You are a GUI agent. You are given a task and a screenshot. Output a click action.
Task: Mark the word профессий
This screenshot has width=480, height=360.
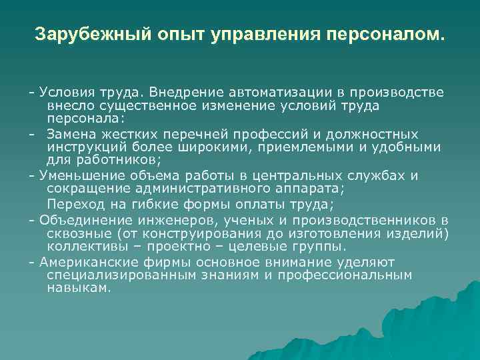click(x=267, y=133)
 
